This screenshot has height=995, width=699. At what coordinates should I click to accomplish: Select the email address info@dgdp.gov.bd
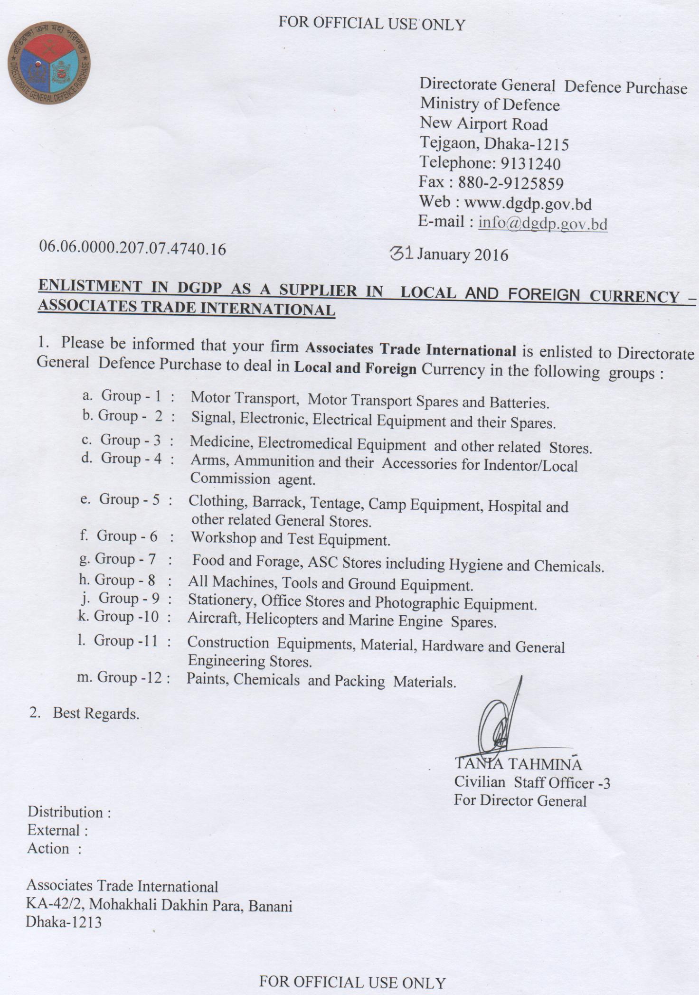pyautogui.click(x=543, y=223)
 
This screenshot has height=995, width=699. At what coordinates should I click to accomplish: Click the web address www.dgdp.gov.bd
pyautogui.click(x=527, y=204)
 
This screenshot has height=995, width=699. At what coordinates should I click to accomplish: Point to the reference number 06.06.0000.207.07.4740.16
pyautogui.click(x=132, y=248)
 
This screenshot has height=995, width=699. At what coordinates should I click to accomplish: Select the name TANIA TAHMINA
pyautogui.click(x=518, y=764)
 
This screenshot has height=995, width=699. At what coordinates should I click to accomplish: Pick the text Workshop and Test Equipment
pyautogui.click(x=290, y=539)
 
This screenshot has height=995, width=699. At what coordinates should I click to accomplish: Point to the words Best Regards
pyautogui.click(x=96, y=713)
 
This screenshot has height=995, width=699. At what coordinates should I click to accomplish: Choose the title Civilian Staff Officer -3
pyautogui.click(x=532, y=782)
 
